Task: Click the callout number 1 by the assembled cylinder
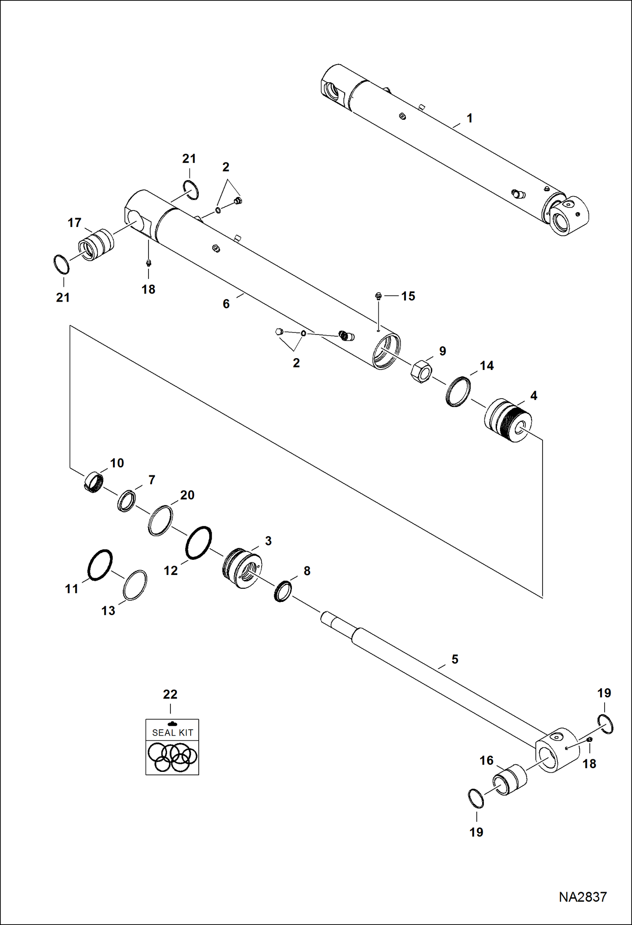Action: (469, 119)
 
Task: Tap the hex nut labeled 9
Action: (421, 371)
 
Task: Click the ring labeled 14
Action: (458, 392)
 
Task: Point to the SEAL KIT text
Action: (172, 733)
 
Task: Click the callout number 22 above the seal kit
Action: (170, 694)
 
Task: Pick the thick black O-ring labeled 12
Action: (198, 543)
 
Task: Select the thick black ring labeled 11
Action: (100, 565)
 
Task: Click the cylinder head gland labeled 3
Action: (242, 568)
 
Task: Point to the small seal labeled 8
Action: (283, 591)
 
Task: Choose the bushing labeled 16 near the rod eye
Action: (510, 779)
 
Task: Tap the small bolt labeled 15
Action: (378, 297)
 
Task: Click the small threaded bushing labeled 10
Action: (94, 482)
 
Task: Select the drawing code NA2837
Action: (582, 897)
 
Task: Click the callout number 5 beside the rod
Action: (454, 659)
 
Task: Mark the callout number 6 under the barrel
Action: (226, 304)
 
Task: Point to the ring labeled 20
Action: (160, 520)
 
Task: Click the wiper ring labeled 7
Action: (126, 501)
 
